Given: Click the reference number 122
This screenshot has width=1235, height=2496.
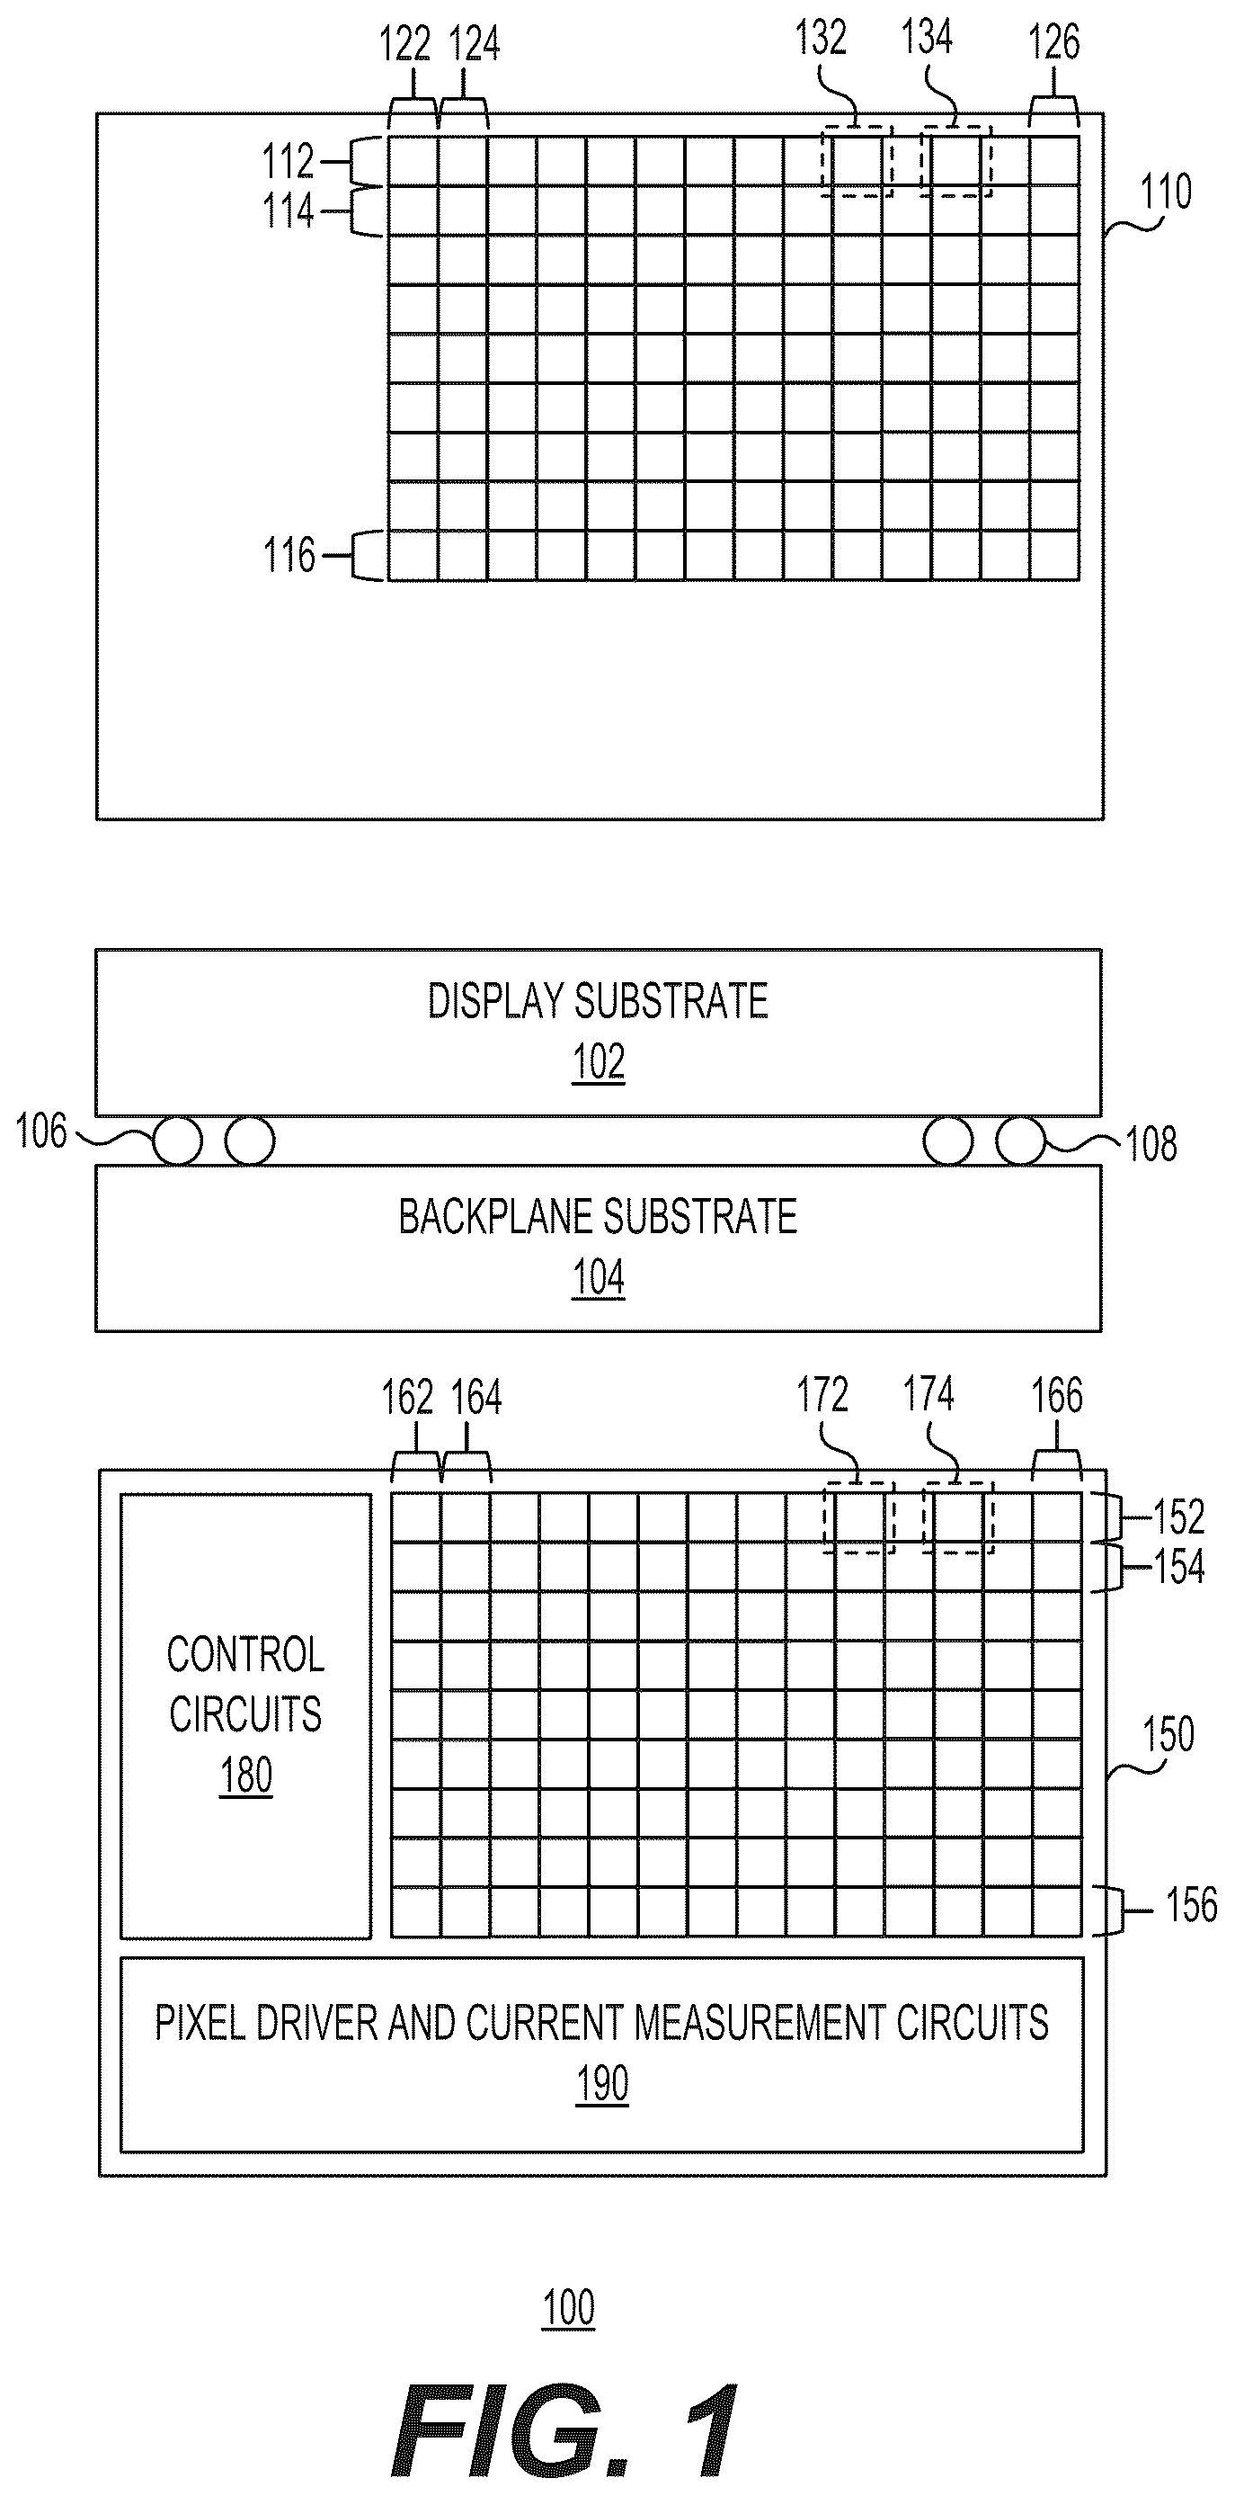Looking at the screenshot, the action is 404,45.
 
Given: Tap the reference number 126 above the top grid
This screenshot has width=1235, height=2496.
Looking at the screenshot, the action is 1053,41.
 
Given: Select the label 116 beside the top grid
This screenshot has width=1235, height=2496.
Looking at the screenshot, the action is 289,555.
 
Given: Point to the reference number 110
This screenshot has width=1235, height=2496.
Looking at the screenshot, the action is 1165,192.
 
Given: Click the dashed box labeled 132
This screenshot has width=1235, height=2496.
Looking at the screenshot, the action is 823,161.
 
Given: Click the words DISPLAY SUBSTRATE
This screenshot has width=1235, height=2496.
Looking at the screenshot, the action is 598,1001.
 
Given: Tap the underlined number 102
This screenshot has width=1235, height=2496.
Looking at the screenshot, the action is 599,1062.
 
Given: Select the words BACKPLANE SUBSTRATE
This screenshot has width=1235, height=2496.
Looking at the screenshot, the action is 598,1217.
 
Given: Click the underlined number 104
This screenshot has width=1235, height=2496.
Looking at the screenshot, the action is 599,1277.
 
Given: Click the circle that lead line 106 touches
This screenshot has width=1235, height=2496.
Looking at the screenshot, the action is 177,1141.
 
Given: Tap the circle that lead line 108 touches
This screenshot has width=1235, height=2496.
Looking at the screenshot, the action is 1021,1141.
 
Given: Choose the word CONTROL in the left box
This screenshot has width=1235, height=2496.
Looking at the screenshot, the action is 246,1655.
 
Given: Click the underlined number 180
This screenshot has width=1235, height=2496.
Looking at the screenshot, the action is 246,1776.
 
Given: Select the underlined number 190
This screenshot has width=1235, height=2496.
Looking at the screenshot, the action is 602,2083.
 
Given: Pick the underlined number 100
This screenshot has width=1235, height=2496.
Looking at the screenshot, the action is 569,2308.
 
